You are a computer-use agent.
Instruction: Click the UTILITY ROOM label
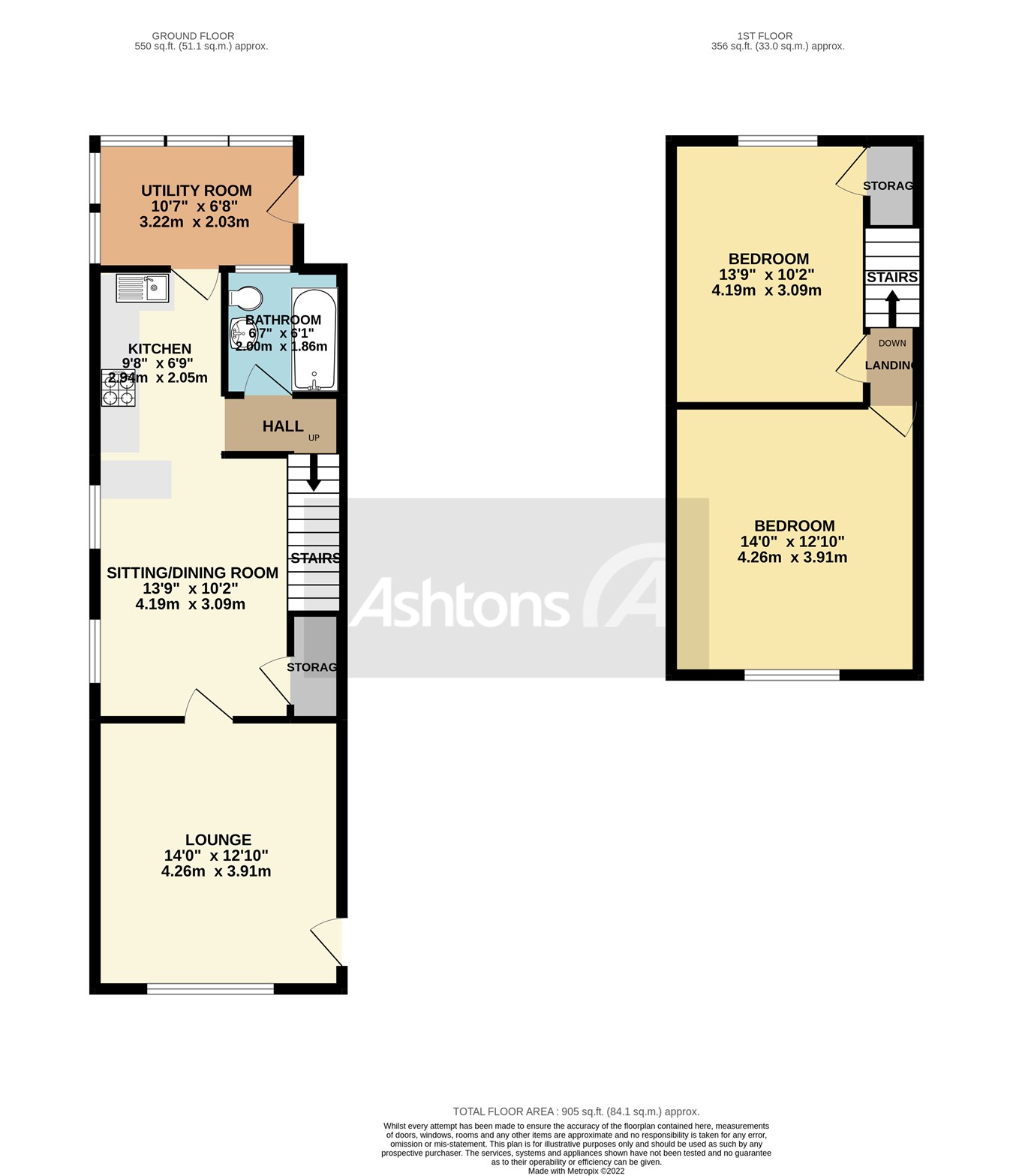196,191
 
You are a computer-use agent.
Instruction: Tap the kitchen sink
143,287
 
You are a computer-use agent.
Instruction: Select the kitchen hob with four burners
119,388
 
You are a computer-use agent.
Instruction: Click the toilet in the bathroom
245,299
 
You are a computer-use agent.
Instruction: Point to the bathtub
314,339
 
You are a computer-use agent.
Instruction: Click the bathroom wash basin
241,330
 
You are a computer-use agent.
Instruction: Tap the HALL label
283,426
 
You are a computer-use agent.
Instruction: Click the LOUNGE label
218,840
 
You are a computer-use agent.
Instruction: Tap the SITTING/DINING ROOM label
192,573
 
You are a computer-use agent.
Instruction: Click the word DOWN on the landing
892,343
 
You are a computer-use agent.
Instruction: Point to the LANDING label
890,365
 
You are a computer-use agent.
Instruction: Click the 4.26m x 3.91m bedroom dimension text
792,558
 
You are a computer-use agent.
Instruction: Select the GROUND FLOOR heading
193,36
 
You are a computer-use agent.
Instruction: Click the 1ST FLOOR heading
765,36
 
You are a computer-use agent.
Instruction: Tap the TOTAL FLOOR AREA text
576,1111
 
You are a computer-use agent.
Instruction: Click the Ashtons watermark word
458,602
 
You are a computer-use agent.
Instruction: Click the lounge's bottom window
210,990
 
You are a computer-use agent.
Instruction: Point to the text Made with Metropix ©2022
576,1171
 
